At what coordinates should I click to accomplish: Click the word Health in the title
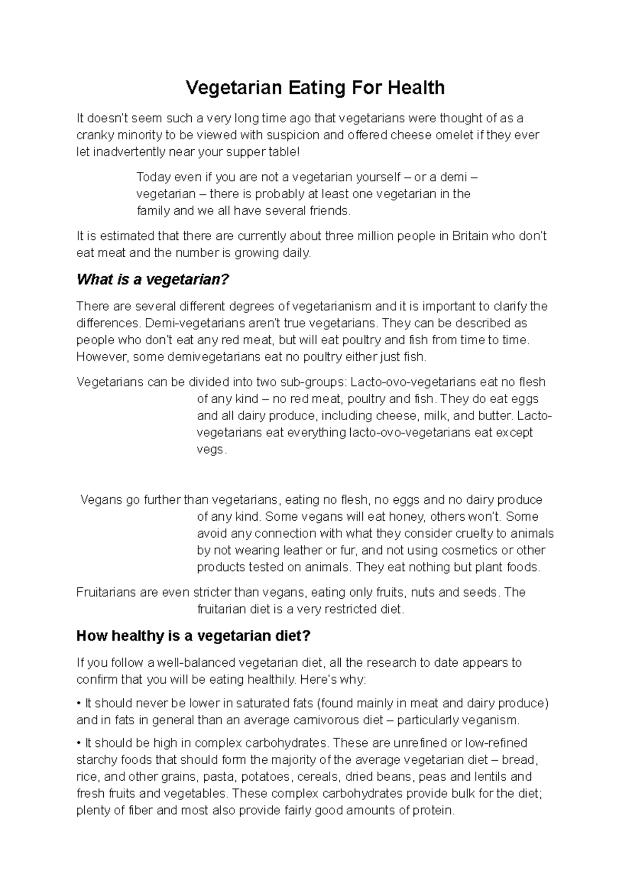click(416, 88)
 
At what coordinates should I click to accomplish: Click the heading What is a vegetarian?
click(153, 279)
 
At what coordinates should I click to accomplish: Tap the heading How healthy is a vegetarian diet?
click(193, 636)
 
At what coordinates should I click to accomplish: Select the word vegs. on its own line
click(212, 450)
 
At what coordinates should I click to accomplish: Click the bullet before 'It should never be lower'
click(79, 704)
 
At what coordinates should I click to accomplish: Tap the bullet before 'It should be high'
click(79, 743)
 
